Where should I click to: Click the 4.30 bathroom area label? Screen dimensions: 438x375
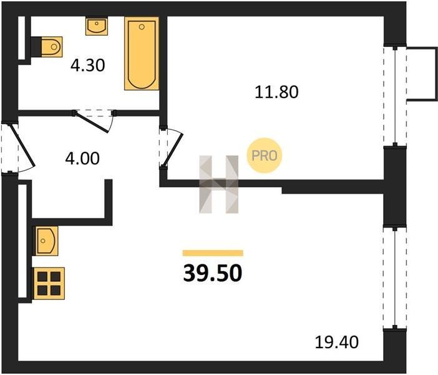click(88, 66)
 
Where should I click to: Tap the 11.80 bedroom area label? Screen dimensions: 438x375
click(276, 92)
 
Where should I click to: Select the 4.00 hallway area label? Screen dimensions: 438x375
click(82, 158)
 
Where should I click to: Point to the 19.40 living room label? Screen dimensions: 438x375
click(336, 342)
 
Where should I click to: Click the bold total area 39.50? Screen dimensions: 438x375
click(213, 273)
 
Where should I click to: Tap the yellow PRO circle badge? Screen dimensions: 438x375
click(265, 156)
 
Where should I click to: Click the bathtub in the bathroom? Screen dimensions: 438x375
click(142, 54)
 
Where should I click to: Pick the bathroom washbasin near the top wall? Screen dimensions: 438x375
click(97, 26)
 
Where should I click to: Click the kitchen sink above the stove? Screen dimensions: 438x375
click(46, 241)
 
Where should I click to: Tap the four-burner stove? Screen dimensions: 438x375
click(49, 283)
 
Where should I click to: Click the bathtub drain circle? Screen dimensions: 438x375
click(142, 27)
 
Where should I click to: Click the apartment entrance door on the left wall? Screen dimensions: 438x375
click(22, 147)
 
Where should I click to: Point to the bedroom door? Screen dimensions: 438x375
click(171, 148)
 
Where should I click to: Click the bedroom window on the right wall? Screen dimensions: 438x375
click(395, 96)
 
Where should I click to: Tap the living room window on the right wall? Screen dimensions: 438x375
click(395, 278)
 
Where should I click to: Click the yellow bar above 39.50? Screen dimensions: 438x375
click(213, 253)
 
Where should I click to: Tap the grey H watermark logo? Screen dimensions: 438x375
click(219, 184)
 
